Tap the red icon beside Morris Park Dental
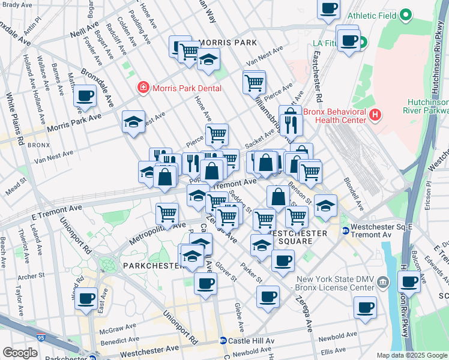coord(143,88)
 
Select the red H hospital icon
coord(375,113)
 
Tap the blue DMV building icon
coord(385,281)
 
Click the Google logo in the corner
coord(20,353)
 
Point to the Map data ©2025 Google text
coord(411,355)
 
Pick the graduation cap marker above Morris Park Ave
coord(133,122)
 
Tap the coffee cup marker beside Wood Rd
coord(86,297)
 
